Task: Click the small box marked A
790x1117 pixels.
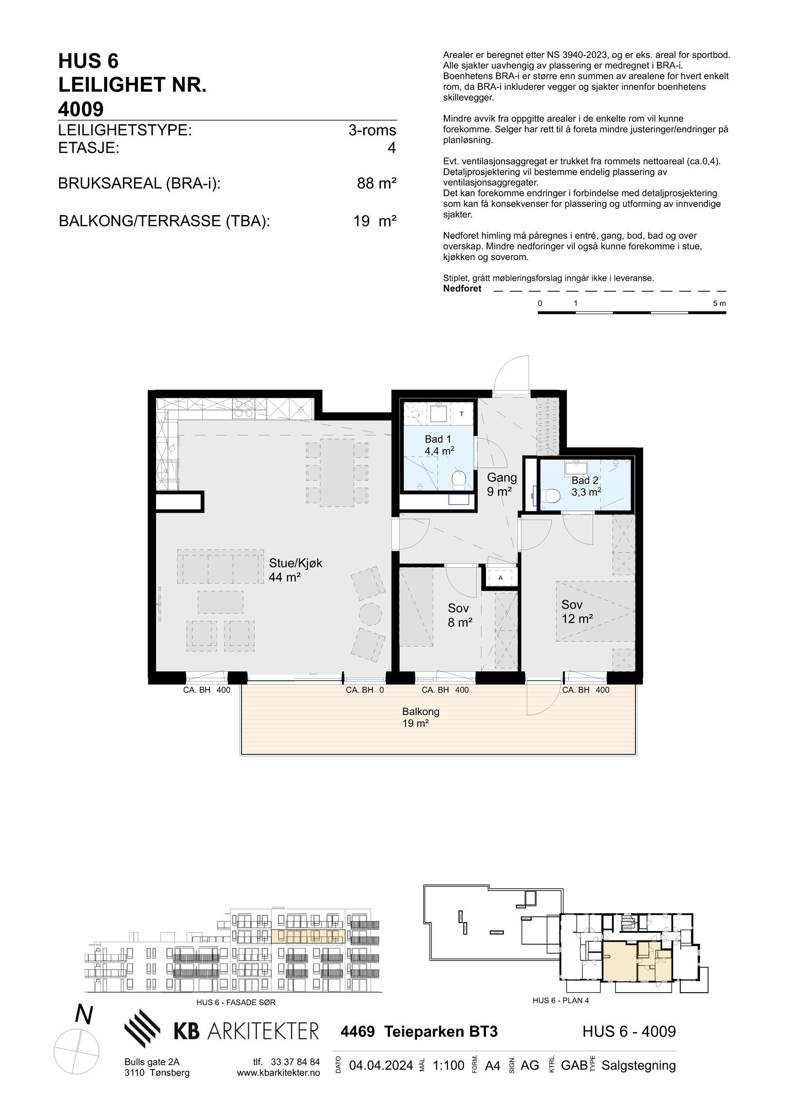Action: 501,578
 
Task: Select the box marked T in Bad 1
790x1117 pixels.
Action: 461,414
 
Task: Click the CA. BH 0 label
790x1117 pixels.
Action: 364,690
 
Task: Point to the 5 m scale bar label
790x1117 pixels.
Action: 719,304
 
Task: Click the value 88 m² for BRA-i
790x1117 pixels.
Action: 376,184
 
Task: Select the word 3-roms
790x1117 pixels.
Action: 372,130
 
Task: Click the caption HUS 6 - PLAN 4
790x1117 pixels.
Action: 561,1001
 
